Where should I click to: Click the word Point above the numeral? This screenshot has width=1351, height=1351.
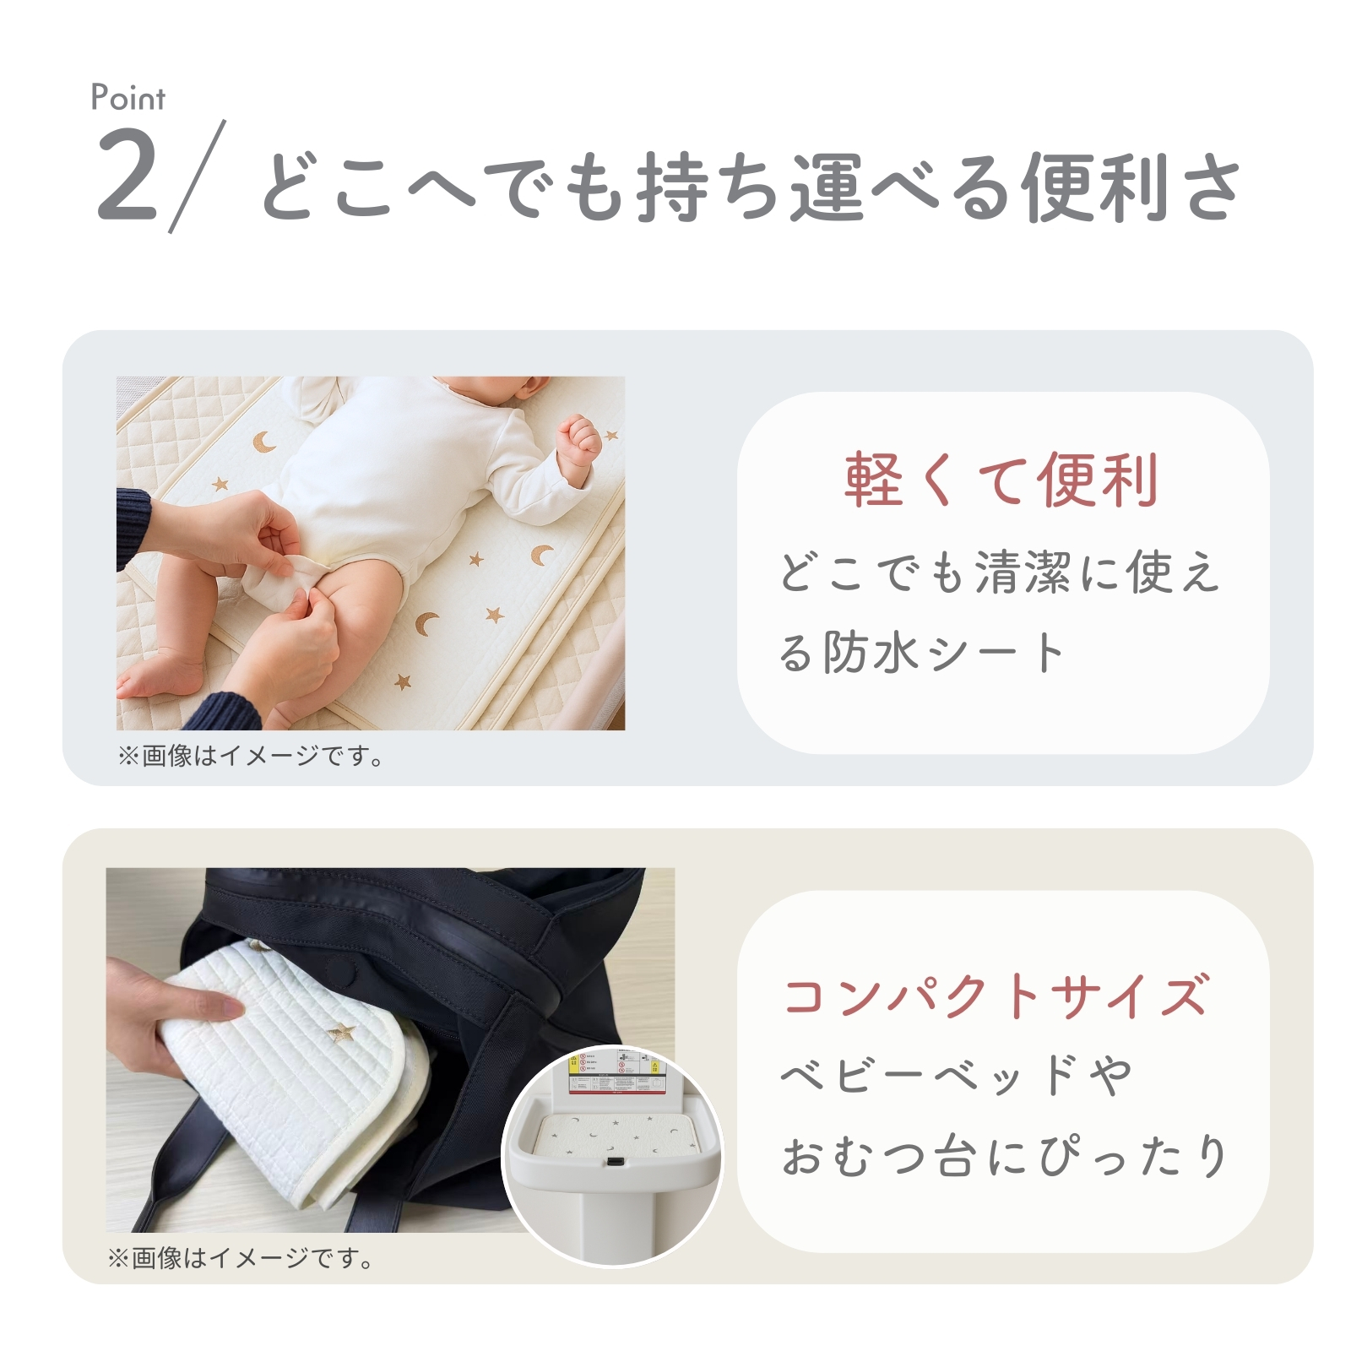pyautogui.click(x=128, y=98)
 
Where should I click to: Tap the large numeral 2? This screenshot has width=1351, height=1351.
pyautogui.click(x=128, y=176)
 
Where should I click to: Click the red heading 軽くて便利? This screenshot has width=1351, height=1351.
pyautogui.click(x=1001, y=480)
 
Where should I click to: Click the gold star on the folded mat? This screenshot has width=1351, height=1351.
pyautogui.click(x=343, y=1032)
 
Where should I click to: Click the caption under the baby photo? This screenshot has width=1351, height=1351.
pyautogui.click(x=251, y=756)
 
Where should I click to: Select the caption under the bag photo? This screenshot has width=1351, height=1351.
pyautogui.click(x=241, y=1258)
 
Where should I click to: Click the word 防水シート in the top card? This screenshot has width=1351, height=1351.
pyautogui.click(x=944, y=653)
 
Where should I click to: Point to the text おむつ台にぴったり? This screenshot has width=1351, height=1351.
pyautogui.click(x=1005, y=1155)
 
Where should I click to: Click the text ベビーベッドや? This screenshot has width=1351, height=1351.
pyautogui.click(x=956, y=1075)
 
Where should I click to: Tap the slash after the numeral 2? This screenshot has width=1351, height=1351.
pyautogui.click(x=198, y=176)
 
